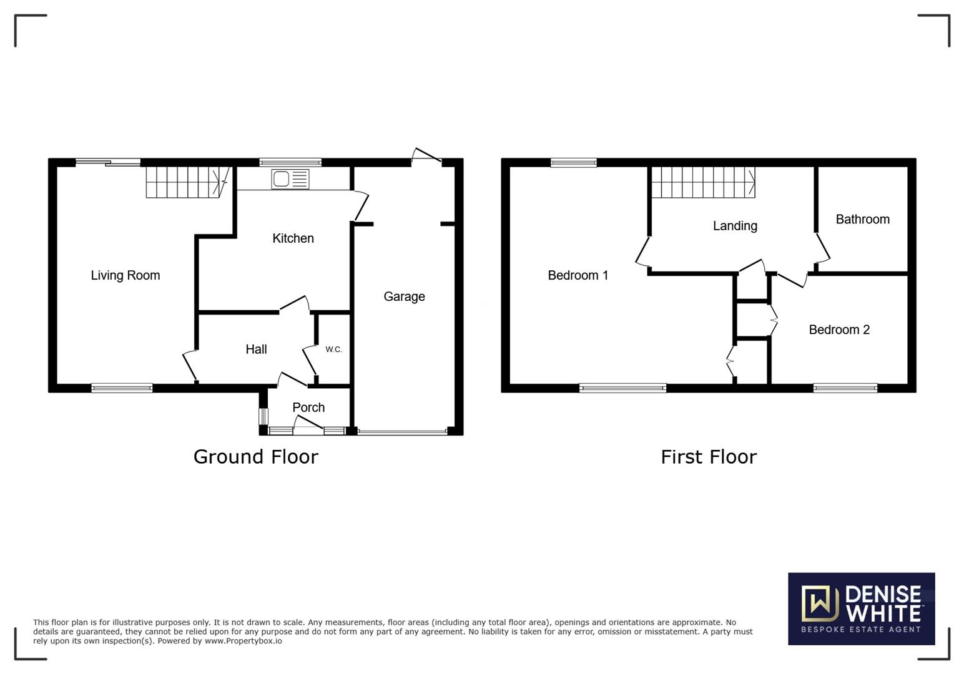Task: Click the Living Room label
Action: [125, 275]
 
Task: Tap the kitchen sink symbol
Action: [290, 179]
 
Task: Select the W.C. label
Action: [333, 349]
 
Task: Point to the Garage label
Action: [404, 296]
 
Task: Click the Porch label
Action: [308, 408]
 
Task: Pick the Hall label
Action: [256, 349]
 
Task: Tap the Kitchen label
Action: [293, 238]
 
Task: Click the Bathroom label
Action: [862, 219]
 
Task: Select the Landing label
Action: [735, 226]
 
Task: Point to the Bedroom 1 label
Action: [578, 275]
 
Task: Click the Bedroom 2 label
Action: [839, 330]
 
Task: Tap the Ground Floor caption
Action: [256, 457]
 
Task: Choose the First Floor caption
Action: [709, 457]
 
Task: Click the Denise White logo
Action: [861, 608]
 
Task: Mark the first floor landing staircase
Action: [702, 182]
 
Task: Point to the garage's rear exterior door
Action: [427, 156]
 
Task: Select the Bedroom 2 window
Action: [845, 388]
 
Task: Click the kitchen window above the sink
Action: [290, 162]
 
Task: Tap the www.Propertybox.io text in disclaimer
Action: [243, 641]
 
